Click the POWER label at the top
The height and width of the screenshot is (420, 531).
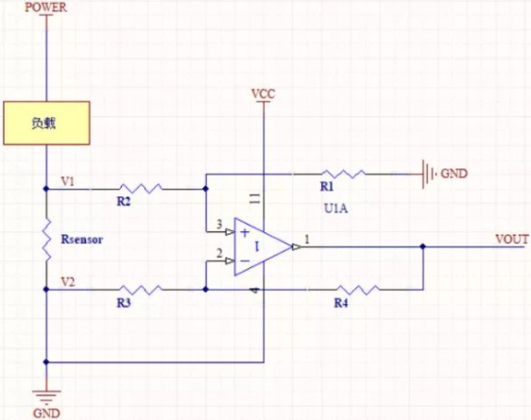pyautogui.click(x=46, y=8)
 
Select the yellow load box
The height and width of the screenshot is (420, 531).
pyautogui.click(x=46, y=123)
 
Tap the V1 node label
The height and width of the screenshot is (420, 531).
pyautogui.click(x=67, y=181)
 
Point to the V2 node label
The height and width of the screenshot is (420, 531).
pyautogui.click(x=68, y=281)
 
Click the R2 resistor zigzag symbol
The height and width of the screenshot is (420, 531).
pyautogui.click(x=141, y=189)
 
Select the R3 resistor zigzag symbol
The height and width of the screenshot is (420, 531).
pyautogui.click(x=141, y=290)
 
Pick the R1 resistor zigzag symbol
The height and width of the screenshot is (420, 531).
pyautogui.click(x=343, y=175)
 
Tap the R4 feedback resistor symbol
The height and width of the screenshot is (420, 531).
pyautogui.click(x=359, y=290)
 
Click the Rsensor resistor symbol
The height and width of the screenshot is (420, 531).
pyautogui.click(x=46, y=240)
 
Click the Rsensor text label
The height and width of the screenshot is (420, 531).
pyautogui.click(x=81, y=240)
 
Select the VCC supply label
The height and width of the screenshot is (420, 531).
pyautogui.click(x=263, y=93)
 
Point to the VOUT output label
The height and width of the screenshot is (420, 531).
pyautogui.click(x=512, y=239)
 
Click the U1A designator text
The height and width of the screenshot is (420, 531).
pyautogui.click(x=336, y=209)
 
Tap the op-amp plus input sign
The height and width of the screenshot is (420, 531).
pyautogui.click(x=245, y=233)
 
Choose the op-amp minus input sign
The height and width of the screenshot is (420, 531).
pyautogui.click(x=245, y=260)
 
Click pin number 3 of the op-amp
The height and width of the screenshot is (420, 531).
pyautogui.click(x=219, y=224)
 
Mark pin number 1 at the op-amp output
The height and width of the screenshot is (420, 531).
pyautogui.click(x=307, y=240)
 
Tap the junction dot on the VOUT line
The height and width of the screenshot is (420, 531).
pyautogui.click(x=422, y=246)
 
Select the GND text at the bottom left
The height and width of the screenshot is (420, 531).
pyautogui.click(x=46, y=413)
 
